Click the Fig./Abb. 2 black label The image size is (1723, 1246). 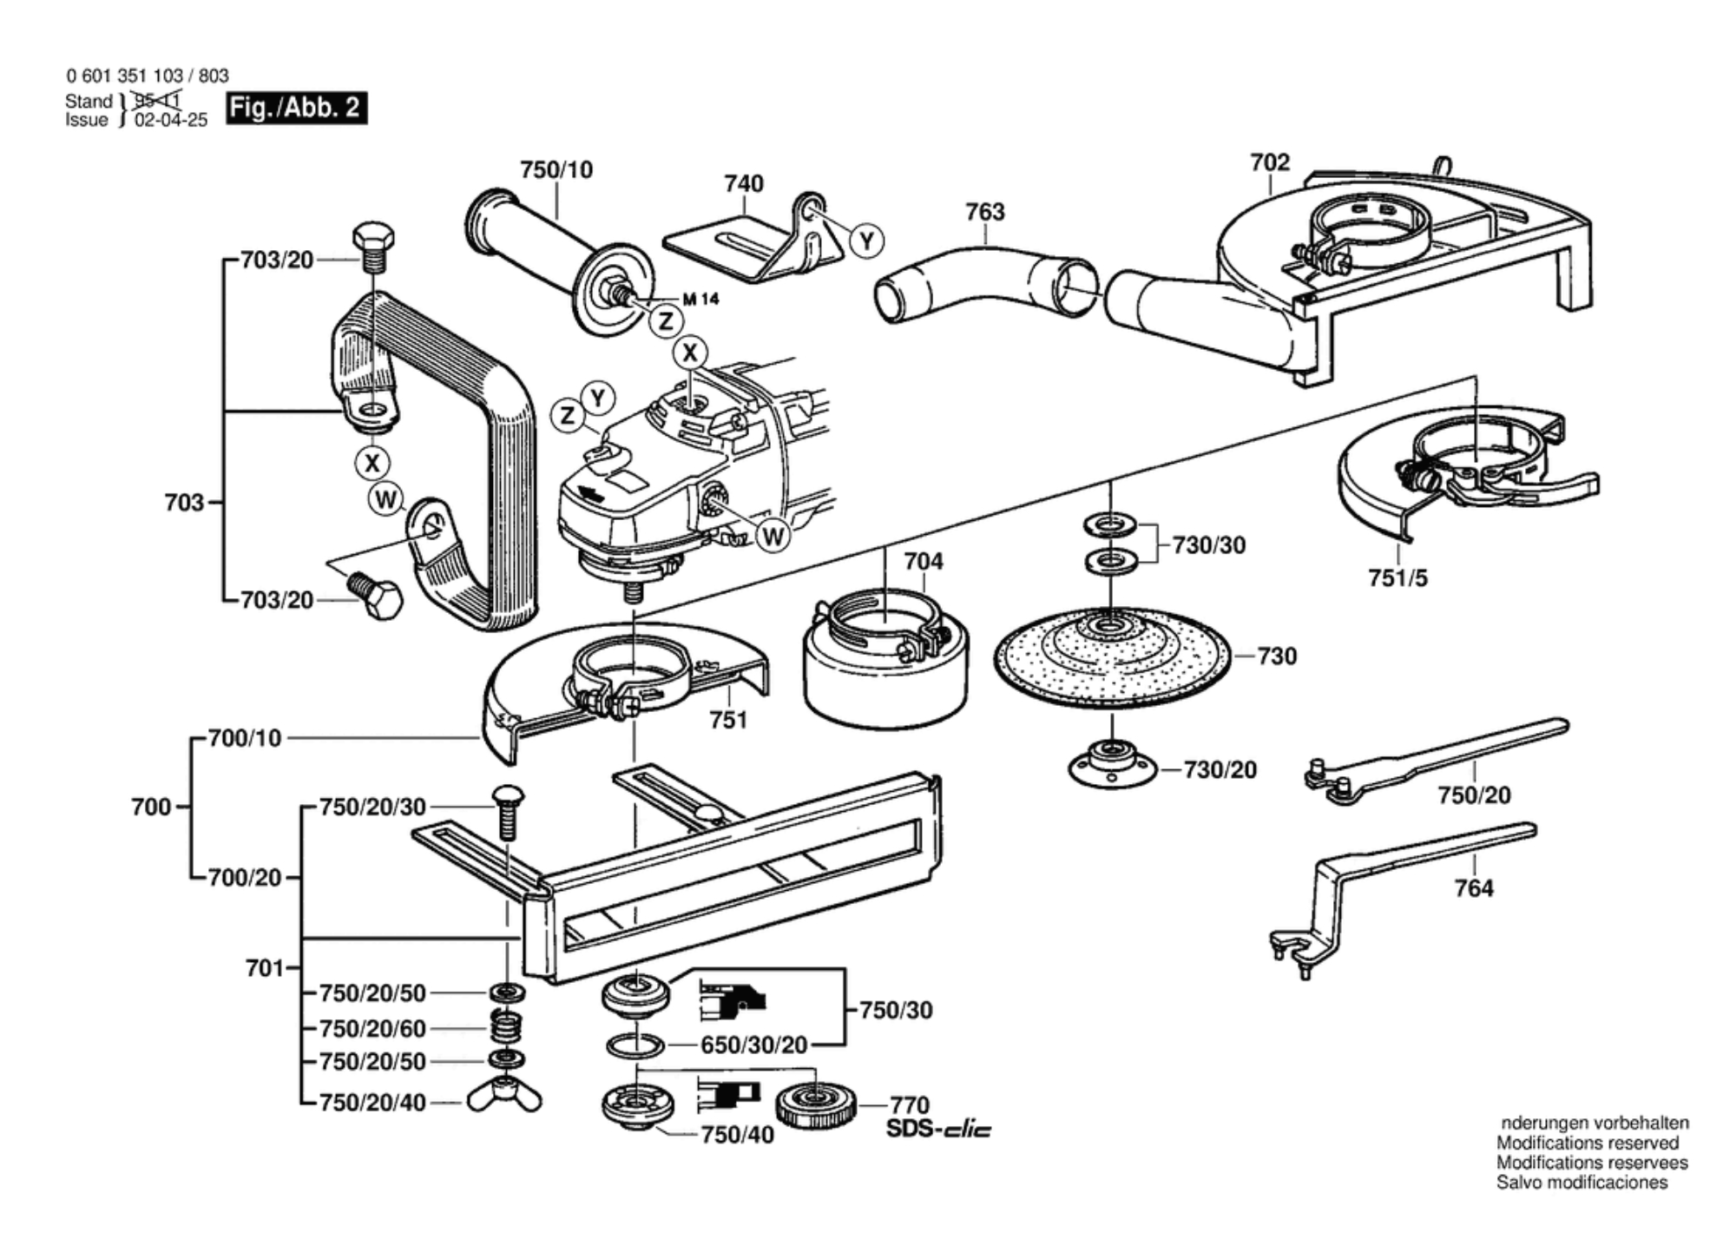296,108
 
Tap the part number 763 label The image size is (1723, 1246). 984,212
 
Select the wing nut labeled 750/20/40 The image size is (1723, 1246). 504,1098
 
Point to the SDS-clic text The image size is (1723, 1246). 938,1129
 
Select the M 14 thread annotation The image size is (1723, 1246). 700,300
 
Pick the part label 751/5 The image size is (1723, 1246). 1397,577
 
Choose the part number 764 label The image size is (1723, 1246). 1474,888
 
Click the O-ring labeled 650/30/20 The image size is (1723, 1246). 636,1045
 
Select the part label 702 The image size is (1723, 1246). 1270,162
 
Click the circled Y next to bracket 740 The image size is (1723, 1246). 866,240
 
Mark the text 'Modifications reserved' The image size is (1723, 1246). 1587,1144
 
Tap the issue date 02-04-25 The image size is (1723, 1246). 171,121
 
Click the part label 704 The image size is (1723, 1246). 923,562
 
